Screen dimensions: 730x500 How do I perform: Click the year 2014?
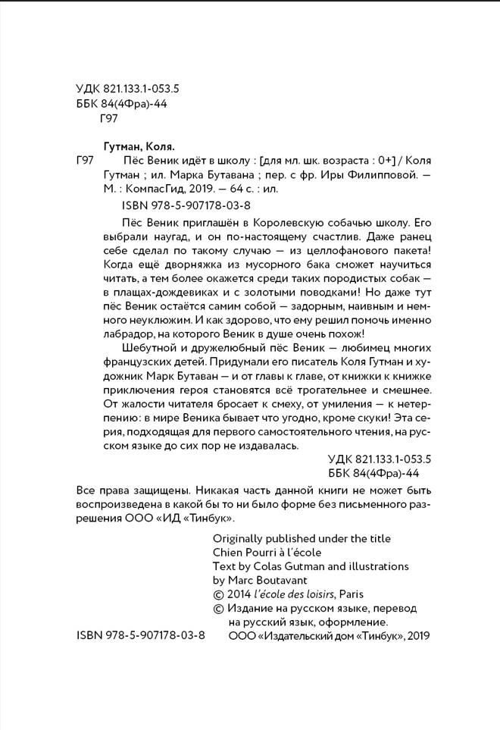[x=244, y=594]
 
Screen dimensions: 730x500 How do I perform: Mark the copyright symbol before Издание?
[x=218, y=609]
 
